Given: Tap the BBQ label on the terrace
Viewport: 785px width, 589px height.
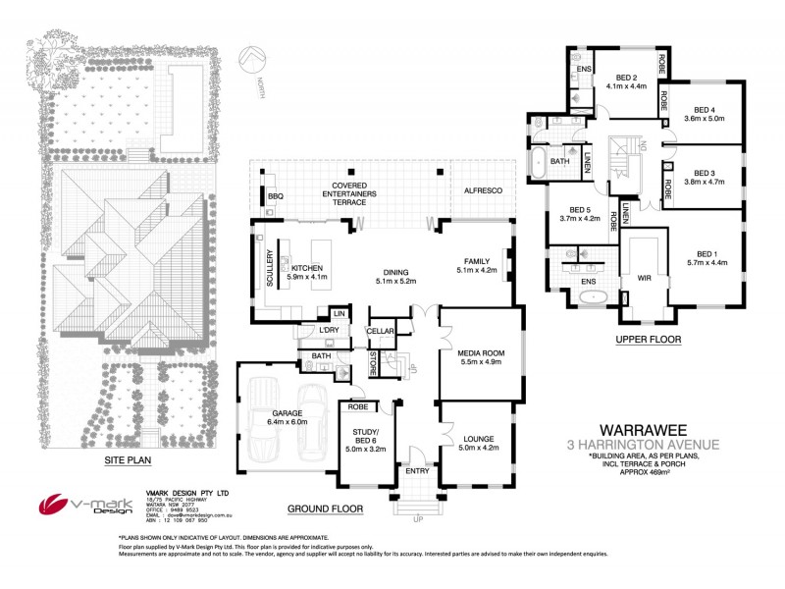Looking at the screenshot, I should pos(275,197).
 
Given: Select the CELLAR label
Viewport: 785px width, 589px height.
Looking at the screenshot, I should pos(381,332).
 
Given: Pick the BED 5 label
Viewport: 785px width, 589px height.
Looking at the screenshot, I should pos(579,210).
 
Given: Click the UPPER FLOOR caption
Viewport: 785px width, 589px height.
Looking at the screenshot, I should pos(648,340).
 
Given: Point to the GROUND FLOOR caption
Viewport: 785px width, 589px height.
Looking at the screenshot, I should pos(324,509).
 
